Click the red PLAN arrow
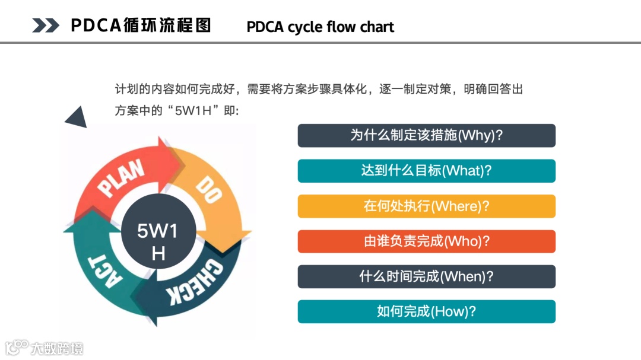122,178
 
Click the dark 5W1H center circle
158,241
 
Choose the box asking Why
426,135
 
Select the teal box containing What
426,171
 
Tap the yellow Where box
426,206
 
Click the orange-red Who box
426,241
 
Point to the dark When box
426,276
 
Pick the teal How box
426,311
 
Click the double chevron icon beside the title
46,26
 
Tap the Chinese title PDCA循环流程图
141,26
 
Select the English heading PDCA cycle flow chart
320,27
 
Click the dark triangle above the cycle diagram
77,117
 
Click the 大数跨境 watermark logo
45,348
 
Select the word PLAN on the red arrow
122,178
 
